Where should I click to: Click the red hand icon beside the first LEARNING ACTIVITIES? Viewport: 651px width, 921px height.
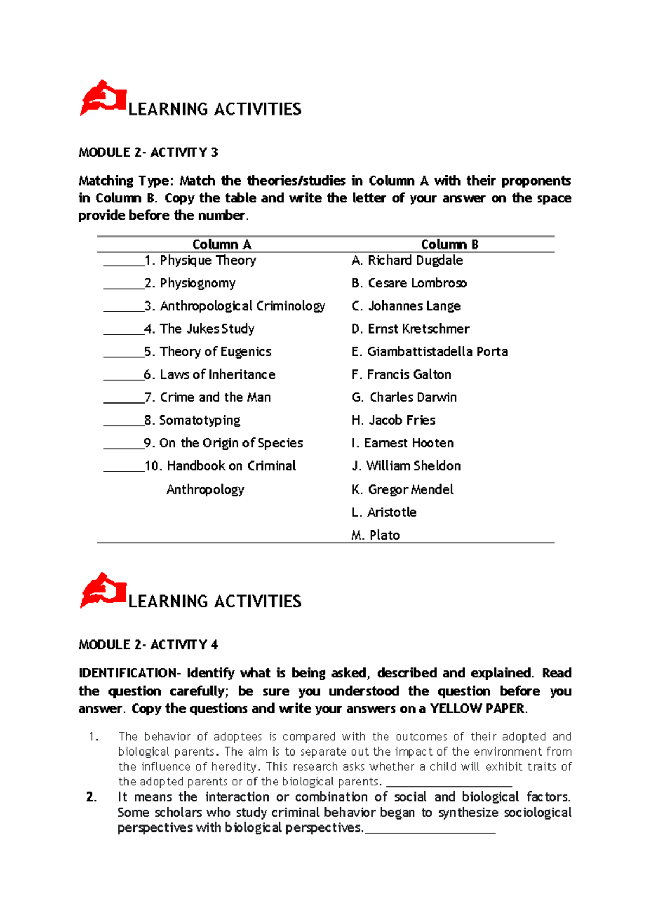[103, 98]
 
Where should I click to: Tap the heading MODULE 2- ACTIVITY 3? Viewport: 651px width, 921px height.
[148, 152]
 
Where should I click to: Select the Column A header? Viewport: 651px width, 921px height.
[221, 245]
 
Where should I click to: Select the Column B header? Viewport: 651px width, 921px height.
[450, 245]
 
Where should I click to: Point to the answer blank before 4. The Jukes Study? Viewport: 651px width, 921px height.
[124, 330]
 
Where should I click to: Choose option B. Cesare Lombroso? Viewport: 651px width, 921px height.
[409, 283]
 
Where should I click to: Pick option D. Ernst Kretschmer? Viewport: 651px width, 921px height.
[410, 329]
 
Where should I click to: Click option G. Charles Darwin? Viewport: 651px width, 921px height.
[404, 398]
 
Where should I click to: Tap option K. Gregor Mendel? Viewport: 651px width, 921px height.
[402, 489]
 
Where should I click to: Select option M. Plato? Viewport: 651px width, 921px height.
[375, 535]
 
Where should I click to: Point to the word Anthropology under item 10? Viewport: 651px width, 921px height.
[205, 490]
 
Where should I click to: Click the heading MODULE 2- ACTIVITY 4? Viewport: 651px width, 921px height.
[148, 645]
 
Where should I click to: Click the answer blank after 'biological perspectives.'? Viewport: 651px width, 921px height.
[430, 830]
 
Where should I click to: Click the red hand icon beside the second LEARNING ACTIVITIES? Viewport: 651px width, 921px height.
[103, 591]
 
